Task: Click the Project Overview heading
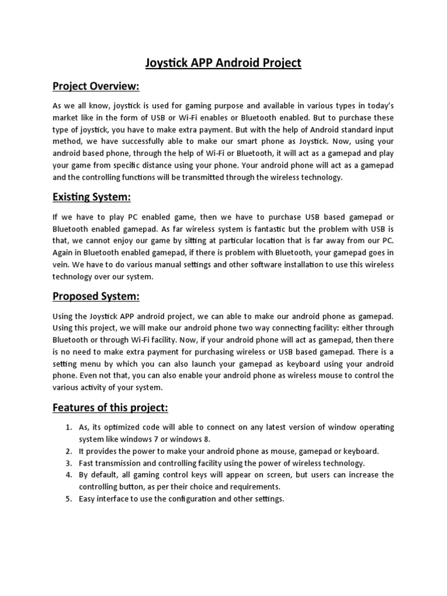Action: (96, 87)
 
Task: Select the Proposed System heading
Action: (96, 297)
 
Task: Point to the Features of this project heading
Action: (110, 407)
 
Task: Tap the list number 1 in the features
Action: (68, 427)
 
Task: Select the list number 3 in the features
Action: (68, 463)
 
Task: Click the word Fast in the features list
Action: (86, 463)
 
